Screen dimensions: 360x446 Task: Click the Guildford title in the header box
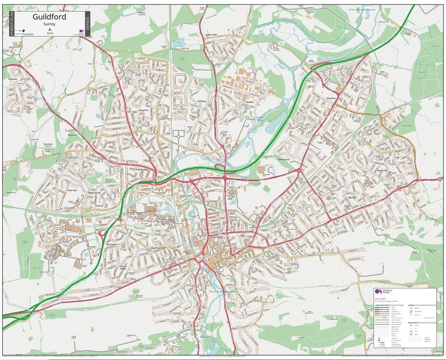pyautogui.click(x=50, y=17)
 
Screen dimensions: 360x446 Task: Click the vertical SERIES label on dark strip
pyautogui.click(x=87, y=24)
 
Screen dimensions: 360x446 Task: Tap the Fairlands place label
pyautogui.click(x=12, y=79)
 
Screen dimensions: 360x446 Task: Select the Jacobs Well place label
pyautogui.click(x=198, y=33)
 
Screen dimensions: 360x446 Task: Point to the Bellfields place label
pyautogui.click(x=202, y=102)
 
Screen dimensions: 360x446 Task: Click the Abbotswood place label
pyautogui.click(x=283, y=159)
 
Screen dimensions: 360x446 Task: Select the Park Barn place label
pyautogui.click(x=73, y=190)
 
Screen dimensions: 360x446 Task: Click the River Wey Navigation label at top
pyautogui.click(x=362, y=9)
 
